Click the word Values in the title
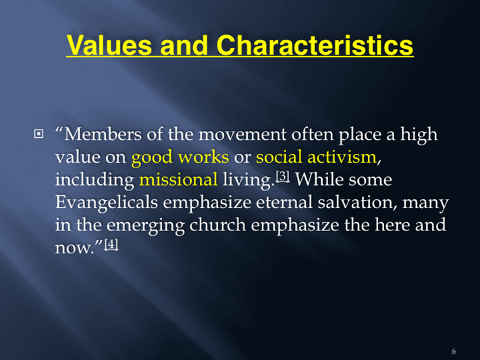pos(109,45)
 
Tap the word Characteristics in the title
pos(315,45)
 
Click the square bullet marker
pos(38,134)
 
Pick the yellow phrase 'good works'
pos(180,157)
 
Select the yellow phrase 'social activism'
pos(316,157)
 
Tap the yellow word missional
pos(178,180)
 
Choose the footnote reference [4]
pos(111,245)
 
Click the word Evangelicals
pos(107,203)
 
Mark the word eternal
pos(285,203)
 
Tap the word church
pos(217,225)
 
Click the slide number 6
pos(454,351)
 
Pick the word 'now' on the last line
pos(74,248)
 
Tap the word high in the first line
pos(419,135)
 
